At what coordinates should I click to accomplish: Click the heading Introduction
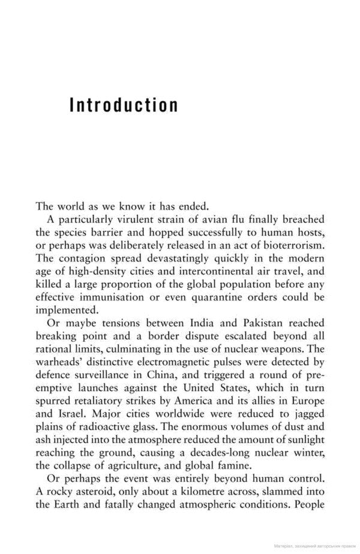click(x=124, y=106)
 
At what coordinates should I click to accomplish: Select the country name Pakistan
click(x=259, y=324)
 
